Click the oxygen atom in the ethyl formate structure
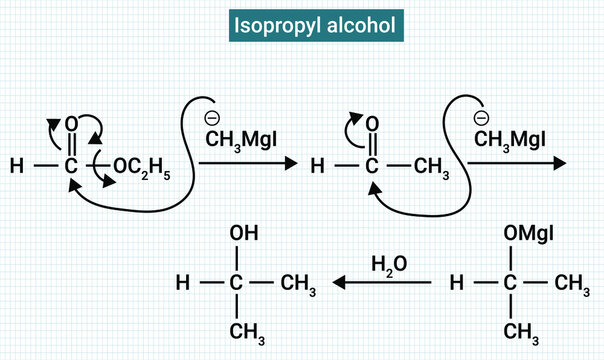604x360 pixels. coord(70,123)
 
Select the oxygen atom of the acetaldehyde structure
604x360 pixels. coord(372,123)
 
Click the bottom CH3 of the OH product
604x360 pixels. coord(240,330)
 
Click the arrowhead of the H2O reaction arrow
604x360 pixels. coord(338,284)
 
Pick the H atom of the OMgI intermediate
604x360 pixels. coord(458,284)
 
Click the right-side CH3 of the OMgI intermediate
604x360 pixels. coord(572,286)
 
